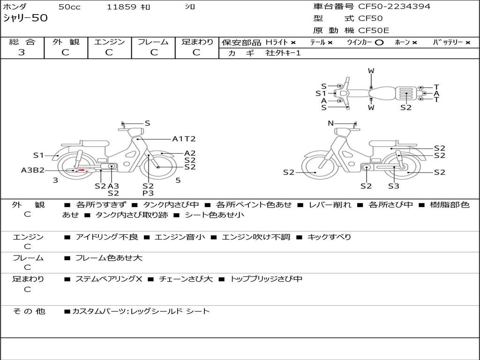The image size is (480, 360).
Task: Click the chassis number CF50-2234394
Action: pyautogui.click(x=394, y=7)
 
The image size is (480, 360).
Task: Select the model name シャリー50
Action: pyautogui.click(x=25, y=18)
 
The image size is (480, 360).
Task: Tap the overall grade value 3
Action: pyautogui.click(x=22, y=52)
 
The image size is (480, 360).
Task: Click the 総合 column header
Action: pyautogui.click(x=22, y=42)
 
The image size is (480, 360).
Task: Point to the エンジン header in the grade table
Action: pyautogui.click(x=109, y=42)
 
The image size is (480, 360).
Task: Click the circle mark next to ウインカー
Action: pyautogui.click(x=379, y=43)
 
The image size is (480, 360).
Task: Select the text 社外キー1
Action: pyautogui.click(x=283, y=53)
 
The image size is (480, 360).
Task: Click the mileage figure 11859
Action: pyautogui.click(x=121, y=7)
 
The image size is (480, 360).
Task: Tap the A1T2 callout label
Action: pyautogui.click(x=184, y=139)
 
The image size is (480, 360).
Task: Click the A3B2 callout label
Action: pyautogui.click(x=33, y=170)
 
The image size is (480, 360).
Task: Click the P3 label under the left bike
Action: pyautogui.click(x=148, y=193)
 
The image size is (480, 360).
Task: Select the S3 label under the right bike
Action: pyautogui.click(x=394, y=186)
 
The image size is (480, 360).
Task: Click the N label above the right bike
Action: pyautogui.click(x=330, y=123)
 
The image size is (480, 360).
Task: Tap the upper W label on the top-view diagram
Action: pyautogui.click(x=371, y=71)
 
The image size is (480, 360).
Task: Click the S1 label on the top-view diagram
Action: pyautogui.click(x=321, y=93)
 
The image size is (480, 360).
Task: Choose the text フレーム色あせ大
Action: pyautogui.click(x=109, y=258)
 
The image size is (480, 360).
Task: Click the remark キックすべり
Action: pyautogui.click(x=329, y=237)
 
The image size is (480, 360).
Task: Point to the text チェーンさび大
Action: pyautogui.click(x=186, y=279)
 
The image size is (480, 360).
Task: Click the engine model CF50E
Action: pyautogui.click(x=374, y=30)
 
